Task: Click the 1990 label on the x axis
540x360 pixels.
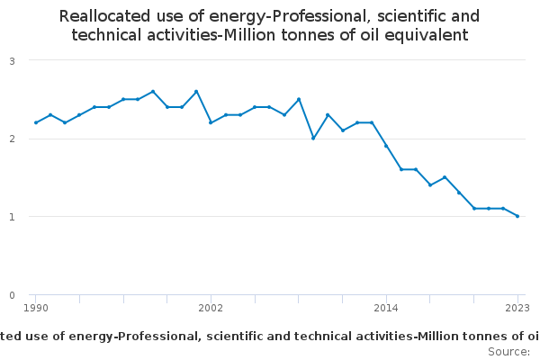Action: coord(36,308)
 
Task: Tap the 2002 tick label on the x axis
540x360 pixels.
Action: coord(211,308)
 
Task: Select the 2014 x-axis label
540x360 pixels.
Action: coord(386,308)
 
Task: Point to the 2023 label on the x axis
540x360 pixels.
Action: coord(517,308)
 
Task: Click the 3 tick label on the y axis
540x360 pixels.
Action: coord(13,61)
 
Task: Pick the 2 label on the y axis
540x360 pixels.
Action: coord(13,139)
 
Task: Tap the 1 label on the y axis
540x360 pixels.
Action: coord(13,217)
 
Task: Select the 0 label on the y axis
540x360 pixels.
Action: coord(13,295)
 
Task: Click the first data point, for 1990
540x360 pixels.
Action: coord(36,122)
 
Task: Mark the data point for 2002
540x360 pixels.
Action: coord(211,122)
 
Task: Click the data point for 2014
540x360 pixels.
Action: coord(386,146)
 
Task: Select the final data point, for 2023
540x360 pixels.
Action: coord(517,216)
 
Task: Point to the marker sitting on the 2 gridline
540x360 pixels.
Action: coord(313,138)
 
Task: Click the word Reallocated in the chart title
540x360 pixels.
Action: coord(104,16)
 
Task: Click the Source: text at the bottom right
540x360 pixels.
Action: coord(509,351)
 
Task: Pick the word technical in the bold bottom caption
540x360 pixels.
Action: coord(323,336)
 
